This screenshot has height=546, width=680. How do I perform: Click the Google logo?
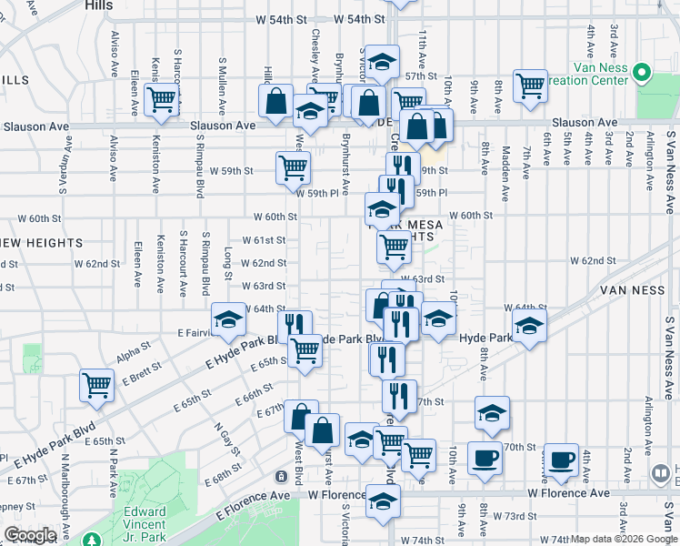pos(30,535)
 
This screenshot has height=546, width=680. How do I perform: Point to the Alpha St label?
pos(133,349)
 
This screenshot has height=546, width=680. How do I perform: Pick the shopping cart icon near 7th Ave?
pos(529,85)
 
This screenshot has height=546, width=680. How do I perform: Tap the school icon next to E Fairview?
pos(227,318)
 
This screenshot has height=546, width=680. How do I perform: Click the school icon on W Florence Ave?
pos(383,500)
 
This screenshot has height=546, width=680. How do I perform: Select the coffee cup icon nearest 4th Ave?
pos(561,458)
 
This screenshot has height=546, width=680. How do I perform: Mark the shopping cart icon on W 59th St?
pos(293,166)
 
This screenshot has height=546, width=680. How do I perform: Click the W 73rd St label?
pos(523,516)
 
